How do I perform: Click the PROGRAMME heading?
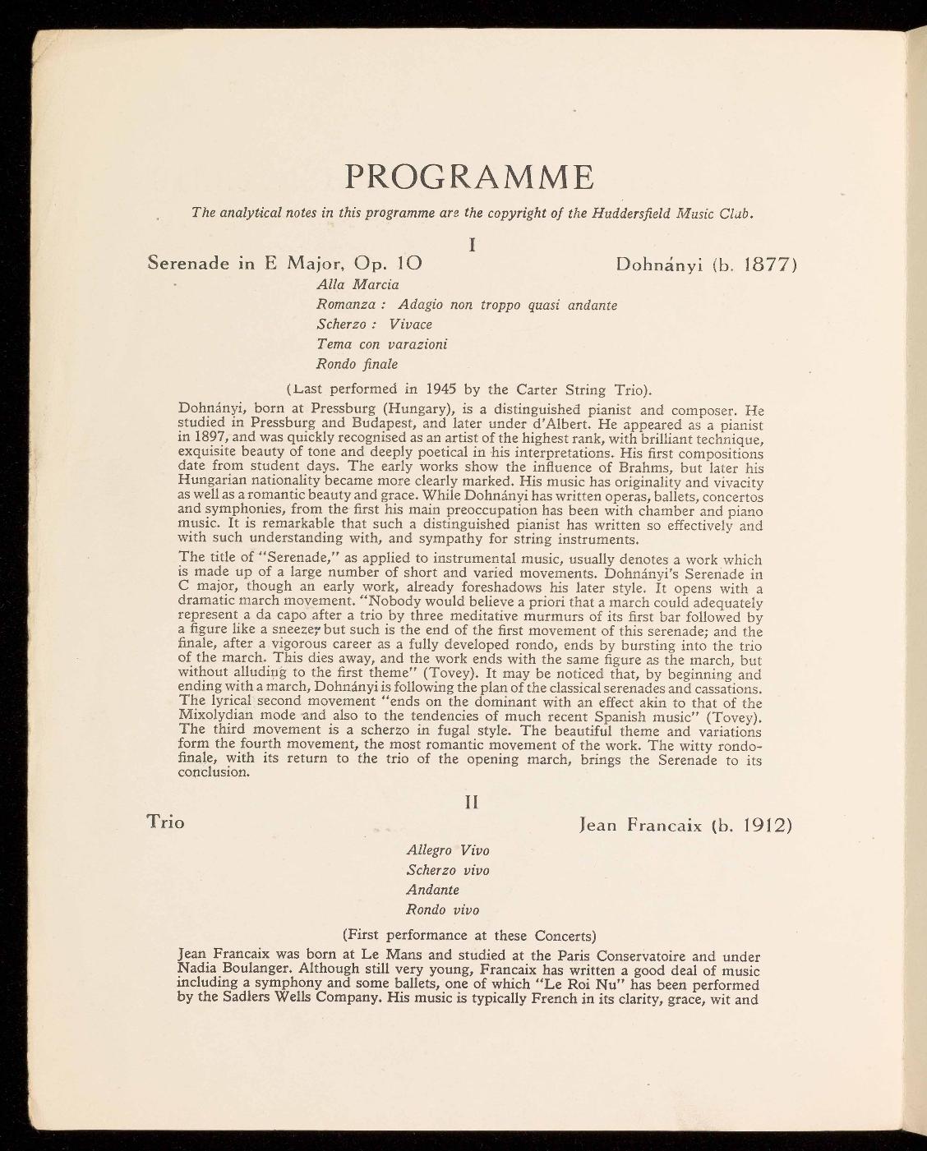point(469,176)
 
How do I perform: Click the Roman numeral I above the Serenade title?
point(472,245)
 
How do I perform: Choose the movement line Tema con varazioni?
point(382,343)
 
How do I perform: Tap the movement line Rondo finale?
point(357,363)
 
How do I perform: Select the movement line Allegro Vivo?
point(448,850)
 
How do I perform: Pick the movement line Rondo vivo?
point(443,909)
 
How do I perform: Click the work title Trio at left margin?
point(165,822)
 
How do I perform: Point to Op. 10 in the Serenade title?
point(387,265)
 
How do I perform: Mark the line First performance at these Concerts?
point(468,935)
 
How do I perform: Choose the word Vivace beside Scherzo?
point(411,324)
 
